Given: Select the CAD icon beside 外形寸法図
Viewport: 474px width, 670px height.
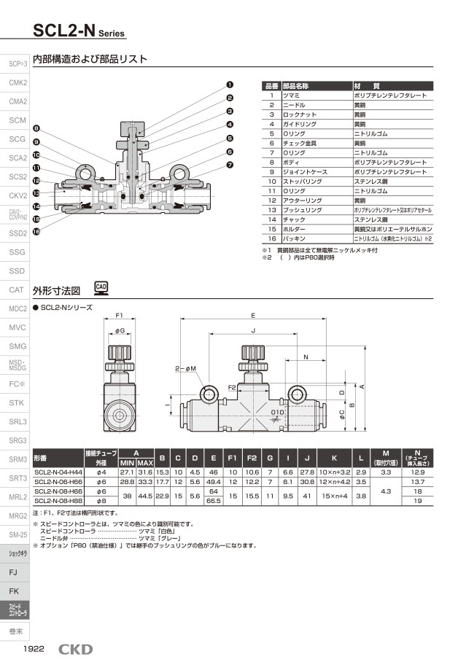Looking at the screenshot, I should (102, 288).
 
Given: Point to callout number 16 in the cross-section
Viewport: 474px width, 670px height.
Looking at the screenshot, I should (36, 231).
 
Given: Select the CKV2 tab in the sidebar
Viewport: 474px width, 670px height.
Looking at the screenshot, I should (17, 196).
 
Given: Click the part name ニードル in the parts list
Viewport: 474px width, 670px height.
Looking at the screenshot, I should (295, 105).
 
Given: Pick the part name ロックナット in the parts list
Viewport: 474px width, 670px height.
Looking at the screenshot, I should (299, 114).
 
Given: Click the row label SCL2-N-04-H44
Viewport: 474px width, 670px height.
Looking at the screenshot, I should (58, 473).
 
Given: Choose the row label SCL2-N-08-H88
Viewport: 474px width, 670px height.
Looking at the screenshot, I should (58, 502).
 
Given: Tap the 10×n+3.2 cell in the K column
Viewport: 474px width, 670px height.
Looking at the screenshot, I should (334, 473).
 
